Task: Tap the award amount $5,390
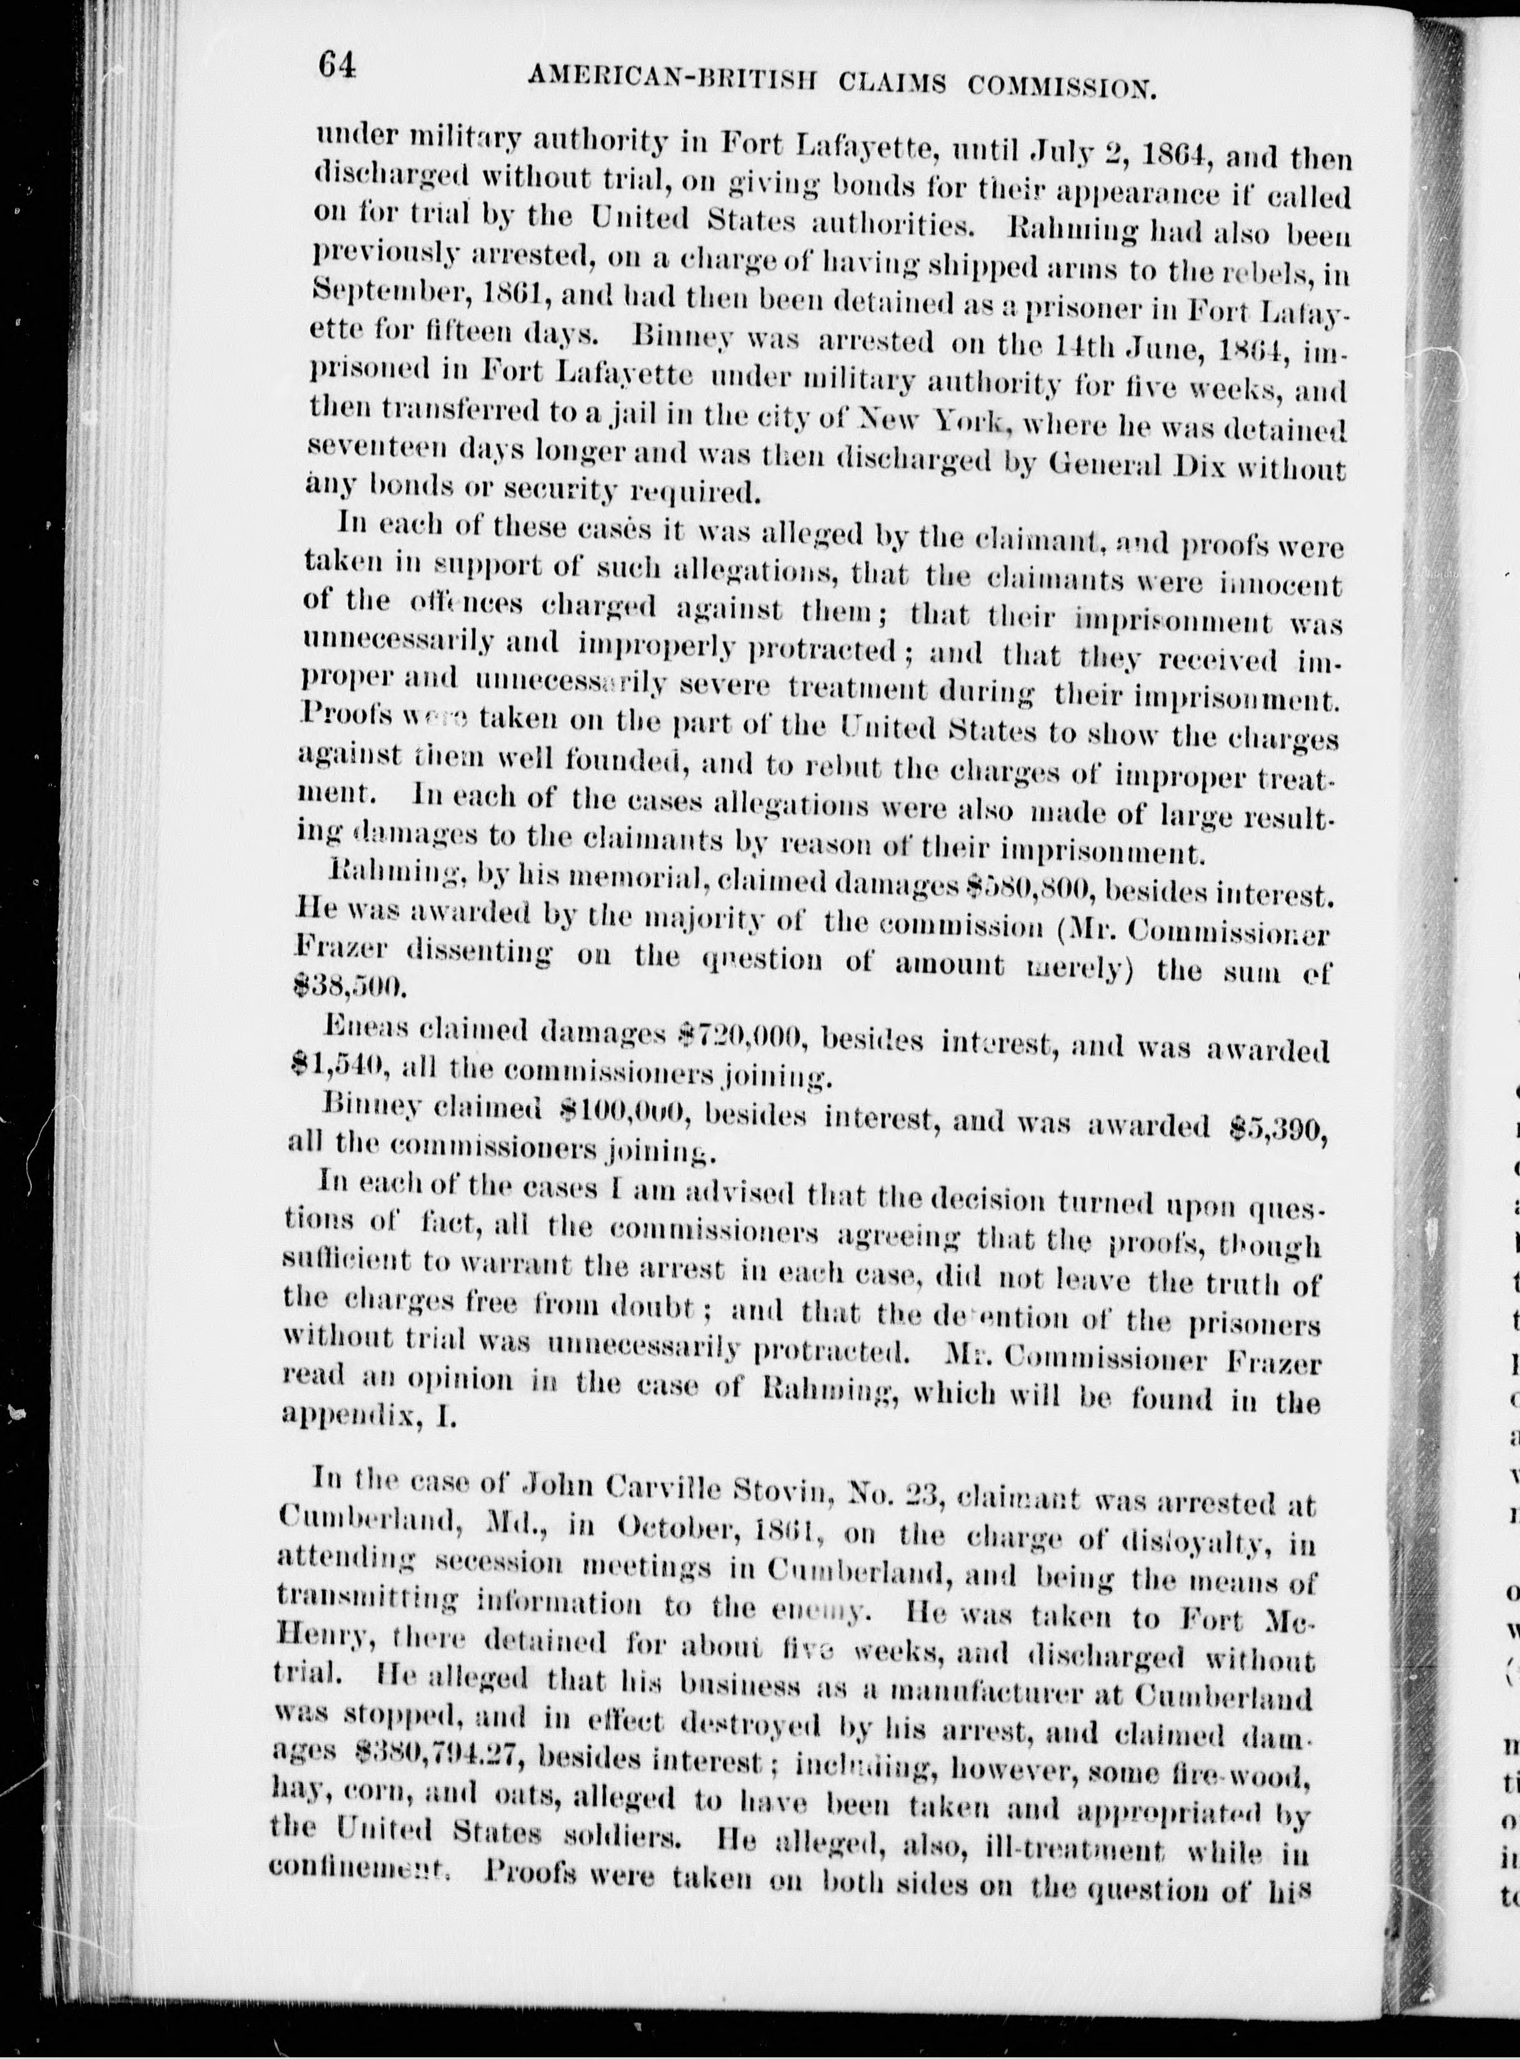(x=1280, y=1128)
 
